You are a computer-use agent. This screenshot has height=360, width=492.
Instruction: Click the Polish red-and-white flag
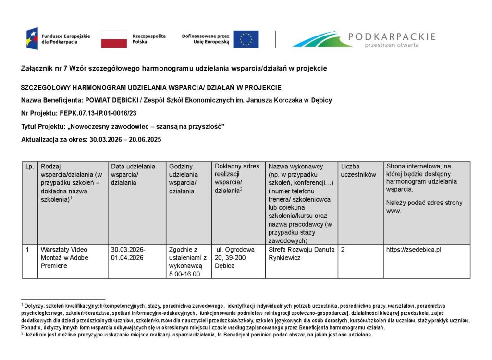click(114, 39)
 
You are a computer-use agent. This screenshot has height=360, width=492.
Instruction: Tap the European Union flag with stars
click(246, 39)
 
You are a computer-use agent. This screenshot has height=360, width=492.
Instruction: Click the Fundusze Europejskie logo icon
click(32, 39)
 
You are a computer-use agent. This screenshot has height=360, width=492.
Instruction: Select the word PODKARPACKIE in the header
click(392, 36)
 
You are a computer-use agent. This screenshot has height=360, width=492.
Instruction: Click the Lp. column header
click(29, 167)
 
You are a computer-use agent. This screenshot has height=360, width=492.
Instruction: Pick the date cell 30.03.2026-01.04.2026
click(128, 253)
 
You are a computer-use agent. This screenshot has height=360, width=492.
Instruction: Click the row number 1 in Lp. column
click(28, 250)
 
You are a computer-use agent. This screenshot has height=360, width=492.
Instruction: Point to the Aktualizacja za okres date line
click(91, 140)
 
